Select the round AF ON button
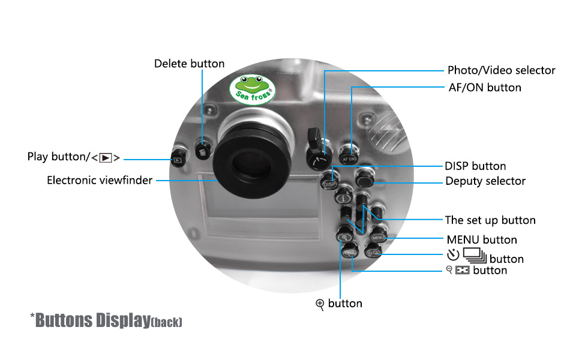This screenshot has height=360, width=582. [x=349, y=154]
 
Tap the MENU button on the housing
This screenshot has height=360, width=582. [x=378, y=236]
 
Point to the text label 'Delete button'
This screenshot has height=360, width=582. [x=189, y=64]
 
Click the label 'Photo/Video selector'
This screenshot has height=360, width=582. [x=501, y=70]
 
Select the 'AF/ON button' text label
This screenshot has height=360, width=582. [x=485, y=88]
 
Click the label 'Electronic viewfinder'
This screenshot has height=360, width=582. [x=100, y=180]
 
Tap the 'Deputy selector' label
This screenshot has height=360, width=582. [x=485, y=181]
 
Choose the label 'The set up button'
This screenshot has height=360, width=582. [x=490, y=220]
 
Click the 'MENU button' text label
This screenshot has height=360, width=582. [x=482, y=239]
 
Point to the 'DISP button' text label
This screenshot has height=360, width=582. [x=475, y=166]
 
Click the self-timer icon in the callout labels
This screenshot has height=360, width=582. [x=453, y=254]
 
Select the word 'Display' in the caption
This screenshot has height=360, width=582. [x=119, y=320]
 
